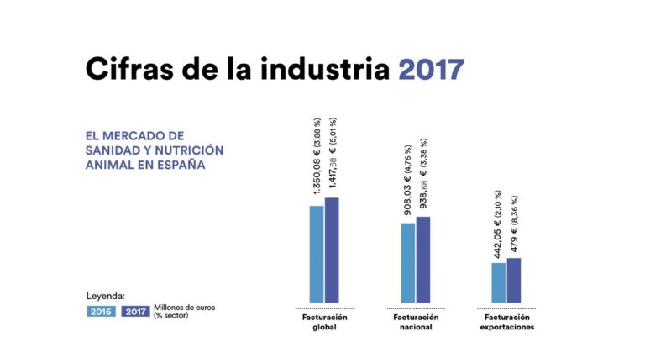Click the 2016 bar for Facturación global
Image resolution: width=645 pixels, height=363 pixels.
point(316,254)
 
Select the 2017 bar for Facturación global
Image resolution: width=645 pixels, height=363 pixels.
point(332,250)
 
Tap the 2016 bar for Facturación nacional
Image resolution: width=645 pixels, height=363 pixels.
point(407,262)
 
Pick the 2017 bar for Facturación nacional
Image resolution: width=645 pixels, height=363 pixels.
point(423,259)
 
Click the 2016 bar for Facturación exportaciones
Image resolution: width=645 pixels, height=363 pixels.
point(498,282)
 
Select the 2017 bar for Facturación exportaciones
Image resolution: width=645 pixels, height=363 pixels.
point(514,280)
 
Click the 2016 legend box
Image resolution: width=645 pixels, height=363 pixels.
point(102,311)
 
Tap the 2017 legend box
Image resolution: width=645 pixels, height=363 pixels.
point(134,311)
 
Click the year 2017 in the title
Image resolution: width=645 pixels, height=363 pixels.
point(431,69)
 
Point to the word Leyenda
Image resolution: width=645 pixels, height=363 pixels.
point(106,296)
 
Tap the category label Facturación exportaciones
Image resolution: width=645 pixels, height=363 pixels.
point(506,322)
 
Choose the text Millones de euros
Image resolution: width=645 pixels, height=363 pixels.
point(184,308)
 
